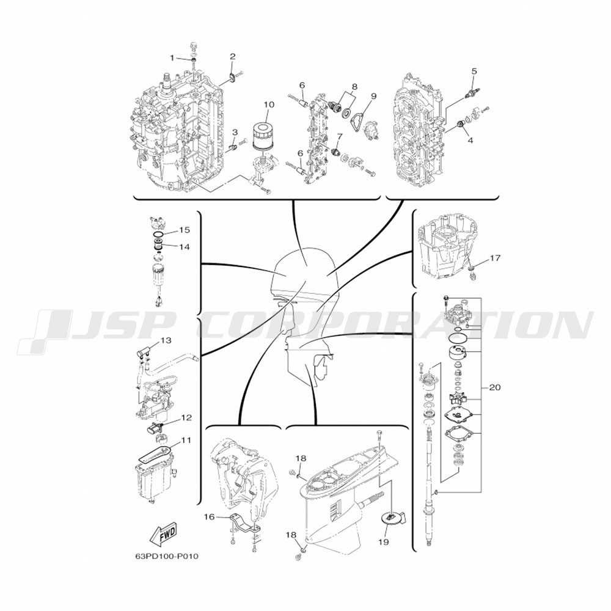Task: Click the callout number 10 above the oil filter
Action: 269,104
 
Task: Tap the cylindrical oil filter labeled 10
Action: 262,135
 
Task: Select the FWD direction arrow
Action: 163,535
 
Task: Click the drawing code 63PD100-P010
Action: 166,556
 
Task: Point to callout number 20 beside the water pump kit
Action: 494,387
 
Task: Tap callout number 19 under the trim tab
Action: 384,542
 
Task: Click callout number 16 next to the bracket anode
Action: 209,517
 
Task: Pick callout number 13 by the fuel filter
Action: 166,340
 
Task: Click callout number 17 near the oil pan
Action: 495,258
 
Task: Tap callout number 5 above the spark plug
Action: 474,71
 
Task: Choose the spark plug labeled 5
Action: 473,93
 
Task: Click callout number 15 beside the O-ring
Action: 185,230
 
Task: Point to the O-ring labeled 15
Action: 158,234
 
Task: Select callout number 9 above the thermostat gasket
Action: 373,96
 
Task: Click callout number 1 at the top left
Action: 172,58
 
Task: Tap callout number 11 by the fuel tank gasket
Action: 186,441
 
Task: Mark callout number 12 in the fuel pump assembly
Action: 186,418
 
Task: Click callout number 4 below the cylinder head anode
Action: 470,140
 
